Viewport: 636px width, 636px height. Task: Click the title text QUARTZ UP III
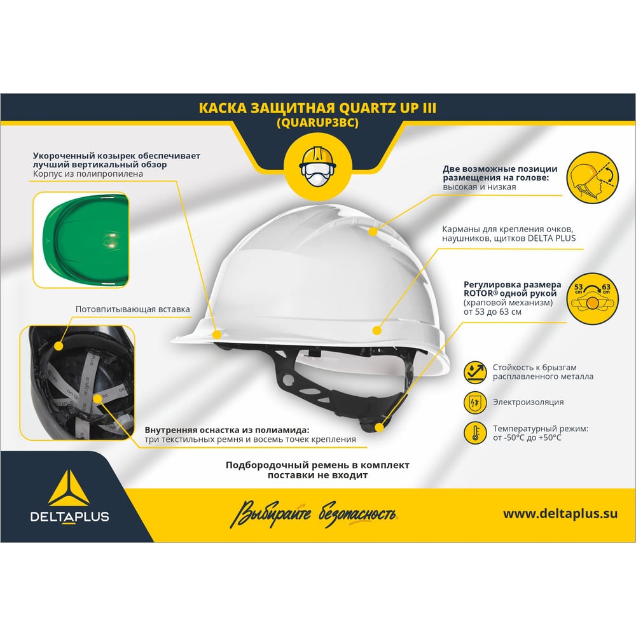(387, 108)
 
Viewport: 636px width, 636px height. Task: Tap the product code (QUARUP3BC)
(317, 123)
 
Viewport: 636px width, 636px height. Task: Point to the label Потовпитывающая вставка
(133, 309)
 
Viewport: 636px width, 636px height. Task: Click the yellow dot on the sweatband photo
(59, 346)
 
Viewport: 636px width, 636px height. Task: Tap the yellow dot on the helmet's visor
(217, 335)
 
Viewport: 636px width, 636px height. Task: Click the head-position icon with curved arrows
(592, 177)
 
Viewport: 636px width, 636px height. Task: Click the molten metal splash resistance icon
(475, 372)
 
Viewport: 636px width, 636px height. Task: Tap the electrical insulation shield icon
(475, 403)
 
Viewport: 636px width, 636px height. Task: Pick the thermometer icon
(475, 432)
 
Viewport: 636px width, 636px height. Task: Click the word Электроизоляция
(528, 402)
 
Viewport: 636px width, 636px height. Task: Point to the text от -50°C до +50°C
(527, 438)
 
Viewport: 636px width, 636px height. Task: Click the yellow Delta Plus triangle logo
(69, 488)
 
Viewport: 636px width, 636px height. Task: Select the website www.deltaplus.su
(560, 514)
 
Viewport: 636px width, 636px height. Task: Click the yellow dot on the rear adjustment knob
(380, 427)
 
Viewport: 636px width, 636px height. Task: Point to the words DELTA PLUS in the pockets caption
(551, 238)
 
